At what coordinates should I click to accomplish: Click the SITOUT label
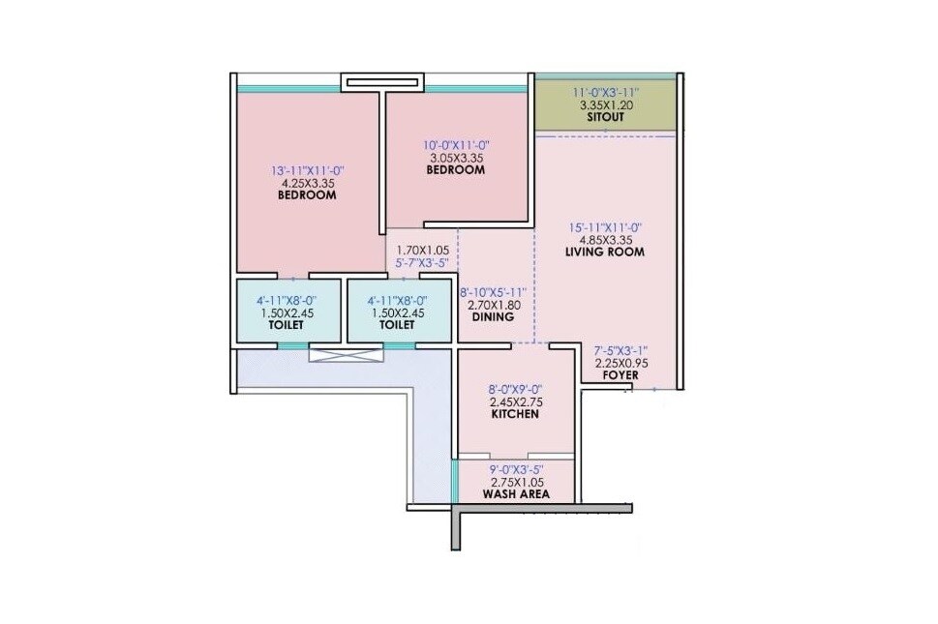pos(605,117)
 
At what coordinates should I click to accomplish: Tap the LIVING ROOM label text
pos(605,253)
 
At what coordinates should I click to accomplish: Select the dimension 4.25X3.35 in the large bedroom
pos(307,182)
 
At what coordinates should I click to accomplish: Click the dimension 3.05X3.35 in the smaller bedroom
pos(455,158)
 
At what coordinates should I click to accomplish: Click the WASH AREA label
pos(516,494)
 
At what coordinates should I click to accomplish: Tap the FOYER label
pos(620,374)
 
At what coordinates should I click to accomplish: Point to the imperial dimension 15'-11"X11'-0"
pos(605,227)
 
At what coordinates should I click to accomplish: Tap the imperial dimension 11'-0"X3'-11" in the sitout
pos(605,91)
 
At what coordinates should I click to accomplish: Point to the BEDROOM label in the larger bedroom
pos(307,195)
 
